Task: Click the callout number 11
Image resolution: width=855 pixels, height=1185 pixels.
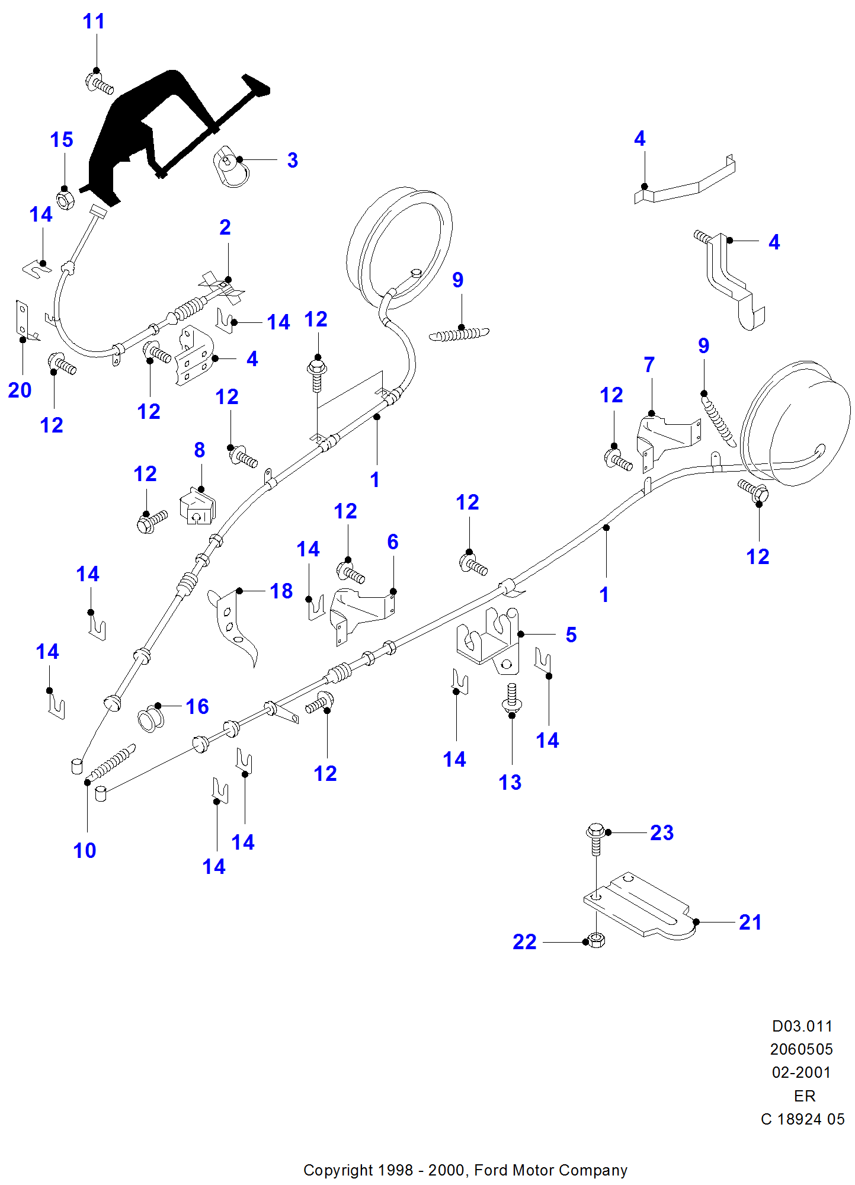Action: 94,21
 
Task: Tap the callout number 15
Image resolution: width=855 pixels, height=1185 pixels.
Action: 62,140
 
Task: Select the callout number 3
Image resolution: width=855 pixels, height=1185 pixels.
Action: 292,160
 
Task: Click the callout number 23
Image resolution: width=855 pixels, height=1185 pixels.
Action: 661,832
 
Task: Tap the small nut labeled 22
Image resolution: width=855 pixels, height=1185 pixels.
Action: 595,940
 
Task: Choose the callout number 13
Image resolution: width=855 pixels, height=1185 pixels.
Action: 510,782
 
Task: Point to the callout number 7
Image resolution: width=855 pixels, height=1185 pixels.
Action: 649,364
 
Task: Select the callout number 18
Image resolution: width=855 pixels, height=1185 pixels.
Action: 281,591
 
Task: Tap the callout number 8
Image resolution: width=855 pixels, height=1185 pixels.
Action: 200,450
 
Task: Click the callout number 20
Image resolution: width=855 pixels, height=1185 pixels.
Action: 20,390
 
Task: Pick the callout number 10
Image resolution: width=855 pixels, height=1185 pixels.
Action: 84,850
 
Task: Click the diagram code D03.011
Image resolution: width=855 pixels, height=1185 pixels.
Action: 802,1026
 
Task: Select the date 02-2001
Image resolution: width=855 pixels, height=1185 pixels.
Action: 801,1072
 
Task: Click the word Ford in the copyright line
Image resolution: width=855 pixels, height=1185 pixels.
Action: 491,1170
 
